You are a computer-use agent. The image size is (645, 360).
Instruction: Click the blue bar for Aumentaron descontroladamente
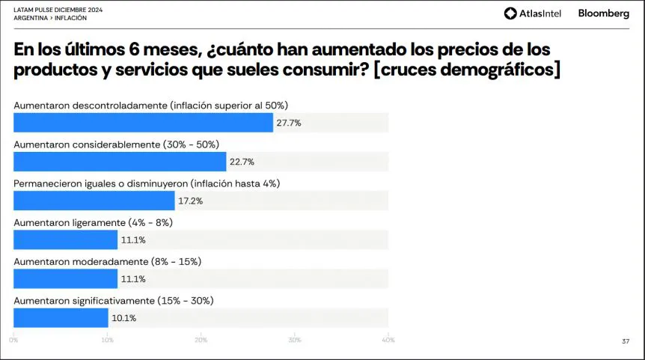click(143, 123)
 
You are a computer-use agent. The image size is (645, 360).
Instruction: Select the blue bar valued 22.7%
click(120, 162)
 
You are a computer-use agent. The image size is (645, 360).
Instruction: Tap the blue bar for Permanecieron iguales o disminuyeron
click(94, 201)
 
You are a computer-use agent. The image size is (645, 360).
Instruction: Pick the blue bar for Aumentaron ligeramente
click(66, 240)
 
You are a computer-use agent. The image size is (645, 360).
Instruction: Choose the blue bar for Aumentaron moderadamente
click(66, 278)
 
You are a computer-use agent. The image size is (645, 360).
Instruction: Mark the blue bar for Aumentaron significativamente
click(61, 317)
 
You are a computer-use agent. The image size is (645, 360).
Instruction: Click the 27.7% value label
click(289, 123)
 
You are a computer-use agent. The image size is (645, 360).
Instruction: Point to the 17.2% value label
click(190, 201)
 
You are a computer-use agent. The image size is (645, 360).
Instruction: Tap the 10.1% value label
click(123, 317)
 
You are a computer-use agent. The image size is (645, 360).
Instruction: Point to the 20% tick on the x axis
click(201, 341)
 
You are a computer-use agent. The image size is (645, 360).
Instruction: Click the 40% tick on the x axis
click(388, 341)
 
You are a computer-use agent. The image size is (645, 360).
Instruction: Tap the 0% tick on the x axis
click(14, 341)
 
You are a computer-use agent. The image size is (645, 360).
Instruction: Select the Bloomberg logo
click(604, 13)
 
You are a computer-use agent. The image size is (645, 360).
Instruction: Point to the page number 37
click(625, 341)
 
